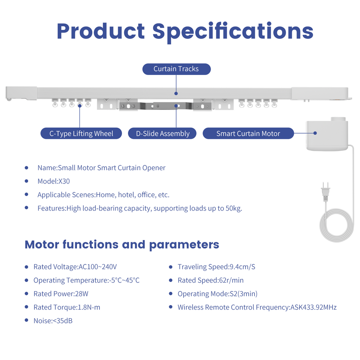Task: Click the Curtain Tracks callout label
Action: [176, 69]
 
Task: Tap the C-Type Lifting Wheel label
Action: [81, 133]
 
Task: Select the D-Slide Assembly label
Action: [162, 133]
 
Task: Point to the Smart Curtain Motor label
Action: [248, 133]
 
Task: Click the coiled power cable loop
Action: [337, 225]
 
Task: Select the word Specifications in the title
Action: [233, 32]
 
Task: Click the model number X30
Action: [64, 181]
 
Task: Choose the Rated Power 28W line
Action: [61, 294]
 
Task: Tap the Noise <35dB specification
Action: [53, 321]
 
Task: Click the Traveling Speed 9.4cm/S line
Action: [216, 267]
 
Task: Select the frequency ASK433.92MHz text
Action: [314, 307]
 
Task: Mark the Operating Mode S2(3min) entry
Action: [217, 294]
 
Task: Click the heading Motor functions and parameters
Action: [122, 245]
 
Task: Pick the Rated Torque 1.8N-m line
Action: [67, 307]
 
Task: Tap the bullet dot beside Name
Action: [27, 168]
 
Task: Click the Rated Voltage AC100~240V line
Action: [75, 267]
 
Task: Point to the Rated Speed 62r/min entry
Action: [211, 280]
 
